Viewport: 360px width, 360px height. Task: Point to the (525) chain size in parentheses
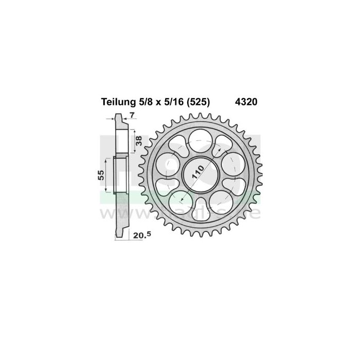[x=199, y=102]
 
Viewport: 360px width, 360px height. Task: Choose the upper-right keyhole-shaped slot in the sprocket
[x=224, y=146]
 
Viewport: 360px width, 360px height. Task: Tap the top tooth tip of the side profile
[x=116, y=117]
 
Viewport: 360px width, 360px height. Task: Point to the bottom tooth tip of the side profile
[x=116, y=236]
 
